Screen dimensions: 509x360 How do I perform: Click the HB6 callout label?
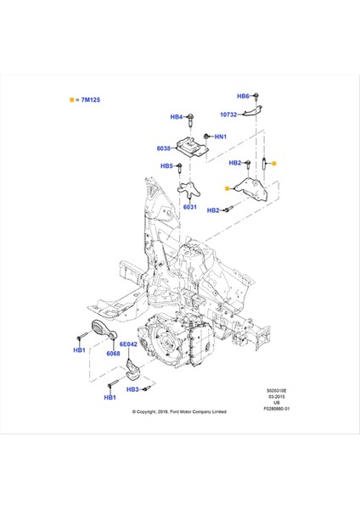tap(242, 97)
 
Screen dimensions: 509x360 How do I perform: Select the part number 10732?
tap(228, 115)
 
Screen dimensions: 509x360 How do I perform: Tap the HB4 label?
tap(176, 117)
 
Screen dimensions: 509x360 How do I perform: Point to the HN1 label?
tap(220, 137)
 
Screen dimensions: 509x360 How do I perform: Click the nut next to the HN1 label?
tap(206, 136)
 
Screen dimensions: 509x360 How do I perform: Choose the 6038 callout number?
tap(163, 148)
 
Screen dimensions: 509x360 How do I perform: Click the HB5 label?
tap(167, 166)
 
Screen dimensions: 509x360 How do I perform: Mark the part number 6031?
tap(189, 206)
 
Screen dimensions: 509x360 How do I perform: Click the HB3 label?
tap(132, 389)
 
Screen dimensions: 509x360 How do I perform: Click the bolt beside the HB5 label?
tap(182, 168)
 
